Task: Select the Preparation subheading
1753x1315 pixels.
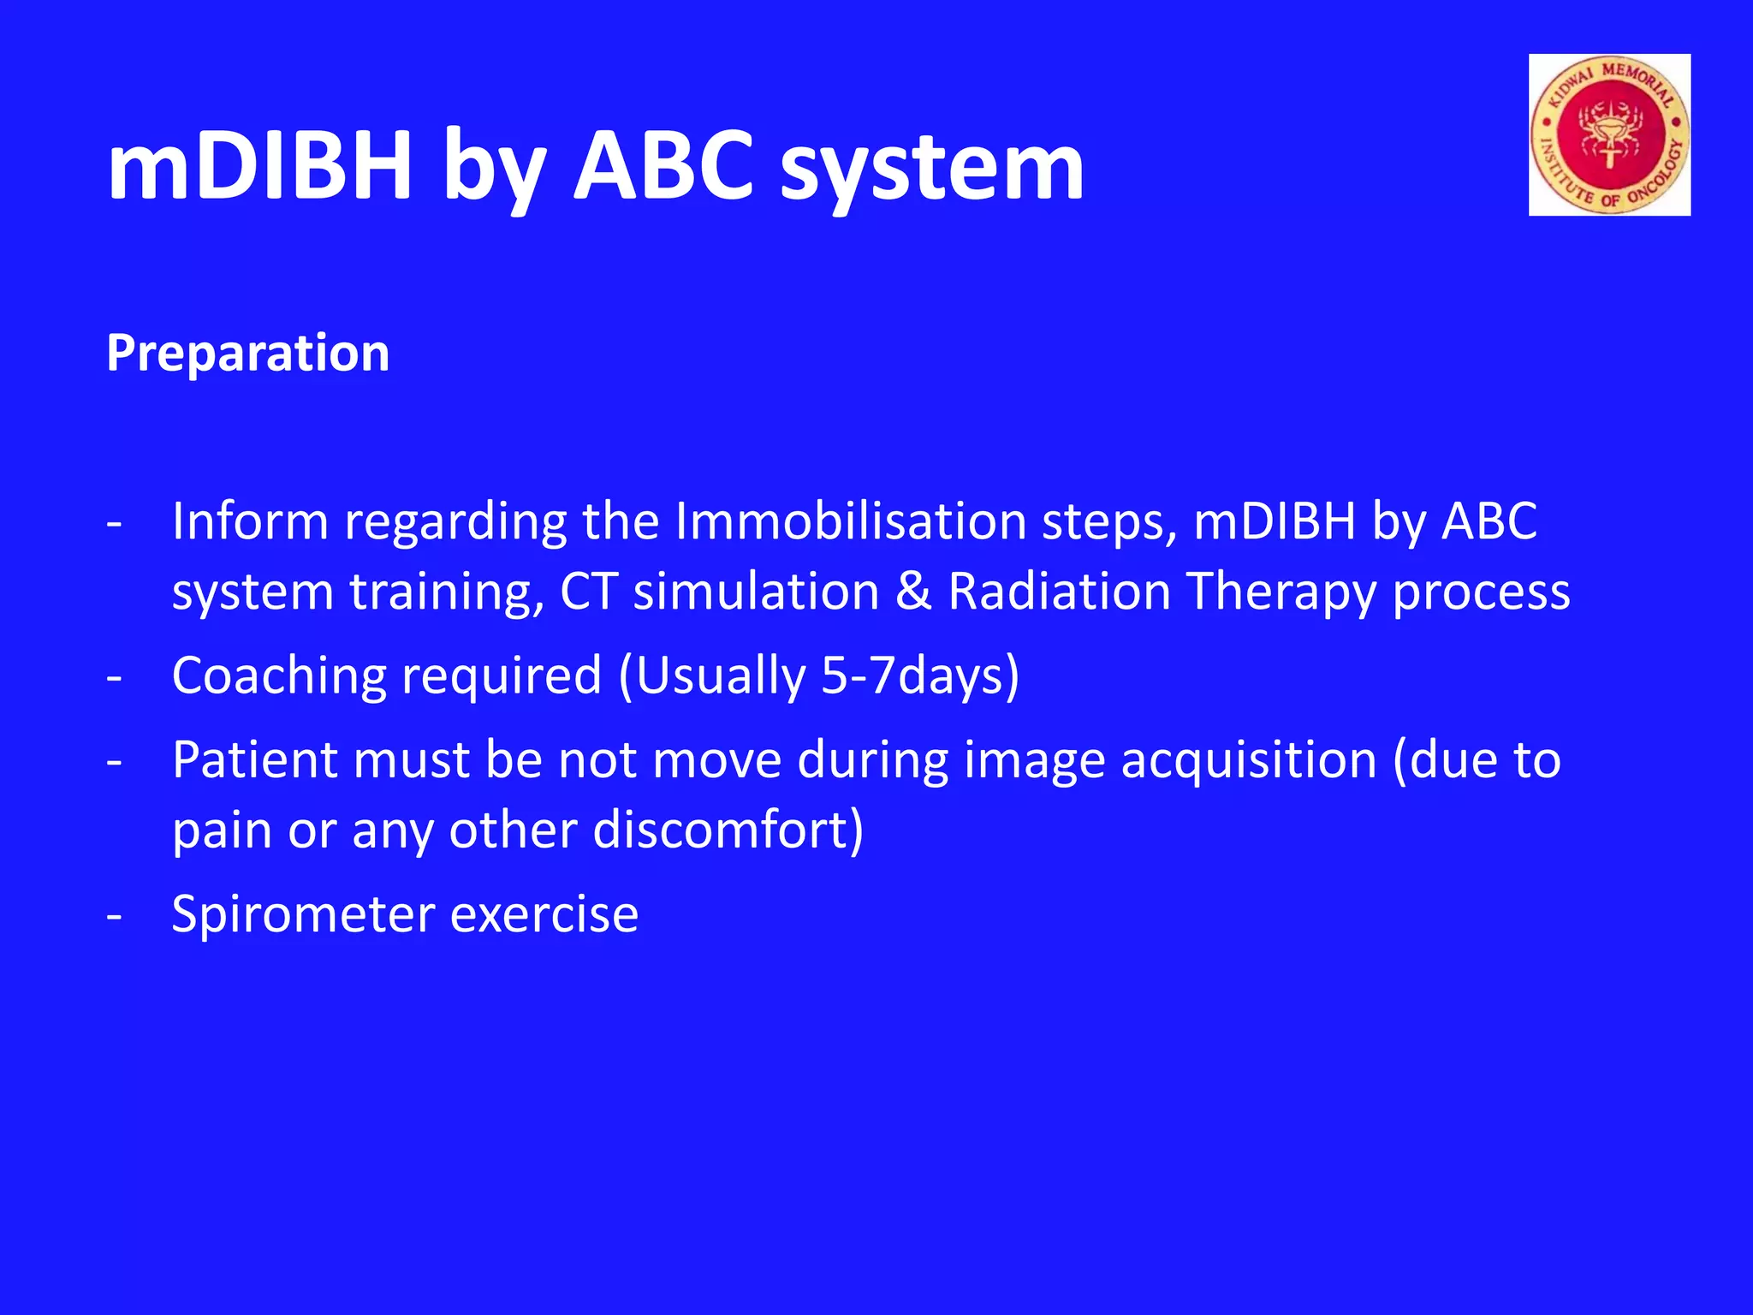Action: (248, 353)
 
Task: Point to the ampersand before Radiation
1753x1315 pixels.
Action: (913, 592)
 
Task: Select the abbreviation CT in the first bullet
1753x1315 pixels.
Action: (588, 592)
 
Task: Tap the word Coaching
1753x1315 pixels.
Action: (279, 676)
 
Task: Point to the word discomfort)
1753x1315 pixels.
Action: (728, 830)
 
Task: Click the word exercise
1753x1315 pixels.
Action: (544, 914)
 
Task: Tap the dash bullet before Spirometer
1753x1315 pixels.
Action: (115, 916)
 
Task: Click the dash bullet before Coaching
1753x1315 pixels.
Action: (115, 677)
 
